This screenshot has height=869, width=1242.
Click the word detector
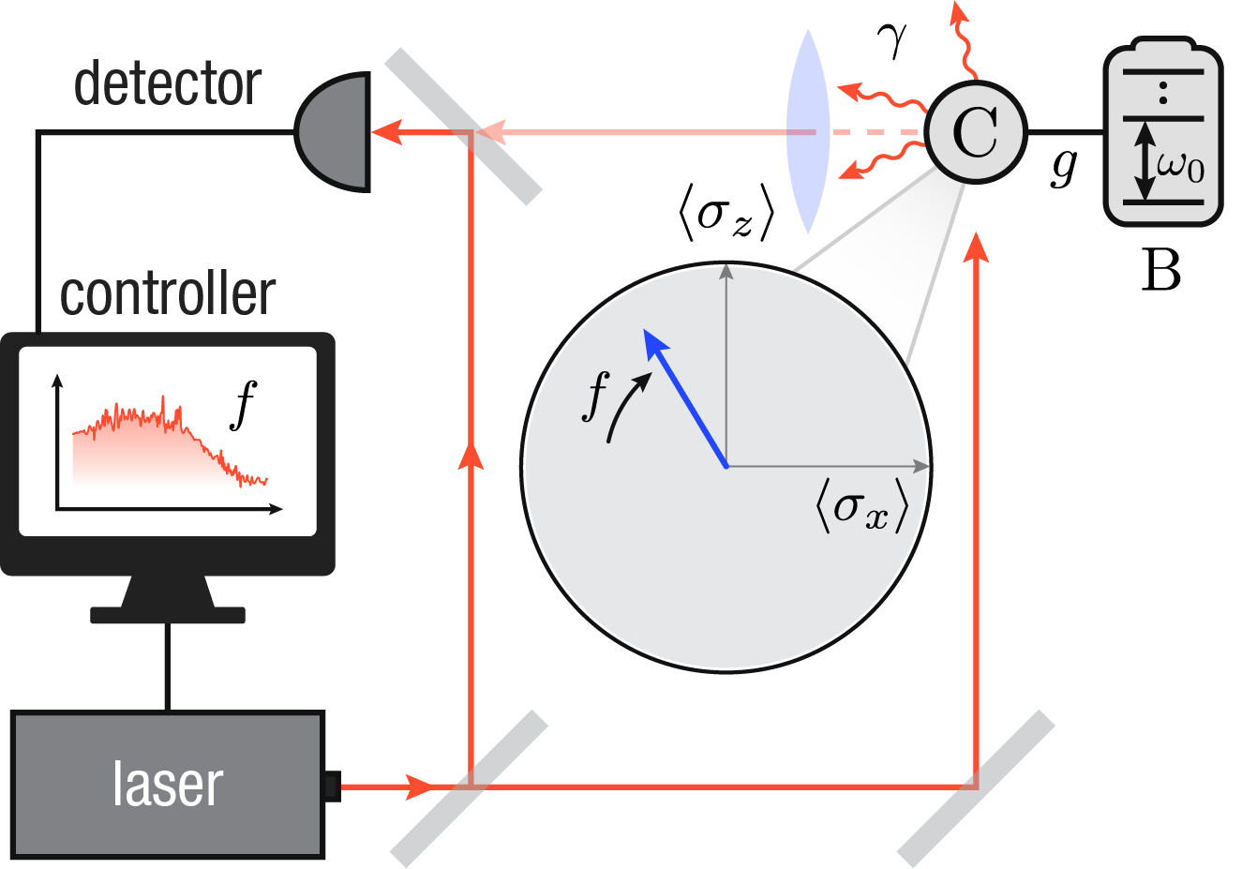[x=167, y=84]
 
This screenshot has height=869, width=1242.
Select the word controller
[x=168, y=294]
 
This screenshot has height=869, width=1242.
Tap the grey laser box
[x=168, y=785]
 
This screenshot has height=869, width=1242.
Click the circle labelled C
[x=976, y=132]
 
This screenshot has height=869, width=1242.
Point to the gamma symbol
[x=891, y=40]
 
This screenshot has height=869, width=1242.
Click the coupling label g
[x=1064, y=166]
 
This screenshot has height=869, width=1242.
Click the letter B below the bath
[x=1160, y=271]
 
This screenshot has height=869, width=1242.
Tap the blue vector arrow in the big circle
[x=685, y=397]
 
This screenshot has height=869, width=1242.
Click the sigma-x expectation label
[x=861, y=507]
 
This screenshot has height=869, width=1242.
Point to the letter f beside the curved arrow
[x=596, y=395]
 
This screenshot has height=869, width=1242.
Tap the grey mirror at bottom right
[x=976, y=787]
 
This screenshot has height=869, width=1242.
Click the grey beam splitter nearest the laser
[x=469, y=787]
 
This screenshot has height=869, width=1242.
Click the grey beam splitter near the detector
[x=463, y=126]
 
